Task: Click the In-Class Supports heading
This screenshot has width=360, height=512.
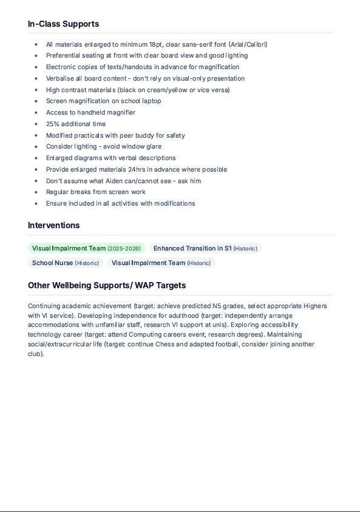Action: click(x=63, y=24)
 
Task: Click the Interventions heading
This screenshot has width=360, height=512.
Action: click(x=53, y=225)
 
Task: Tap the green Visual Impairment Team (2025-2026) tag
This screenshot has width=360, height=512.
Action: click(x=86, y=248)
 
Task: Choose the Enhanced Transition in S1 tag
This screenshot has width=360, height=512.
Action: click(x=205, y=248)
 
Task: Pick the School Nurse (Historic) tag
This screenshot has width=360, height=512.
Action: click(x=66, y=263)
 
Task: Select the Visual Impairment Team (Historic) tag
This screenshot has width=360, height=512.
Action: click(x=161, y=263)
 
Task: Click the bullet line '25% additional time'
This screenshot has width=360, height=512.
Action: click(x=76, y=124)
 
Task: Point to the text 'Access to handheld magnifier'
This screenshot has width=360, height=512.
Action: click(x=90, y=112)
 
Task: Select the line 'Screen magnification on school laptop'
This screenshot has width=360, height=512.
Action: click(x=103, y=101)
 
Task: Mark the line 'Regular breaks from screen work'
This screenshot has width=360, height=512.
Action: click(x=95, y=192)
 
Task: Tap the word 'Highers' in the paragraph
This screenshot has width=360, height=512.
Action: click(x=311, y=306)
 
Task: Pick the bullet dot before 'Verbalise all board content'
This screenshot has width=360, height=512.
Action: click(x=36, y=78)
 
